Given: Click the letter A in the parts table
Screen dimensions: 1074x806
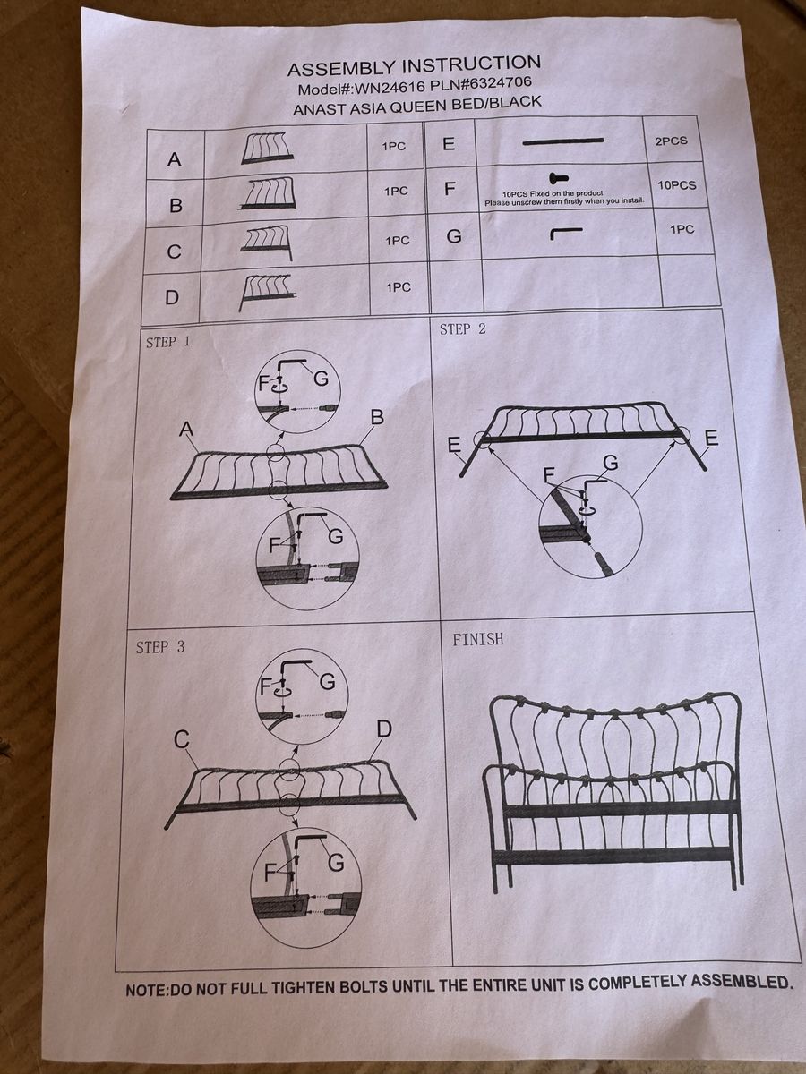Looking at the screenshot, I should coord(175,160).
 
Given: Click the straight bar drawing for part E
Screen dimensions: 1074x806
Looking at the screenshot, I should coord(562,141).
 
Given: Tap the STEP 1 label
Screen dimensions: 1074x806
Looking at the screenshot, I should coord(167,342).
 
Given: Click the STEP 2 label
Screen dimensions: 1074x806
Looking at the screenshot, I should coord(463,329).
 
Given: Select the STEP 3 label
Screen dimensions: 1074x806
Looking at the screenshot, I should coord(160,647).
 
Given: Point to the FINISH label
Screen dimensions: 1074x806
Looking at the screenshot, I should coord(477,639).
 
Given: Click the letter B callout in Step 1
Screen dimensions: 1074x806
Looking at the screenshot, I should coord(377,417).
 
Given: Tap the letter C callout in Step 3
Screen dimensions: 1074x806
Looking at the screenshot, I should coord(182,739).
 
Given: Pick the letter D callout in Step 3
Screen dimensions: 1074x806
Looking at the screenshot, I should coord(383,729).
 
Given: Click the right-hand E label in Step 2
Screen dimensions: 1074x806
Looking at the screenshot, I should coord(712,438).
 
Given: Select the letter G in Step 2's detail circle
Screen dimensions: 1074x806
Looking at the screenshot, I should coord(612,463).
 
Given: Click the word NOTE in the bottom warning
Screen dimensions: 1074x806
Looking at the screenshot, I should coord(145,991).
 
